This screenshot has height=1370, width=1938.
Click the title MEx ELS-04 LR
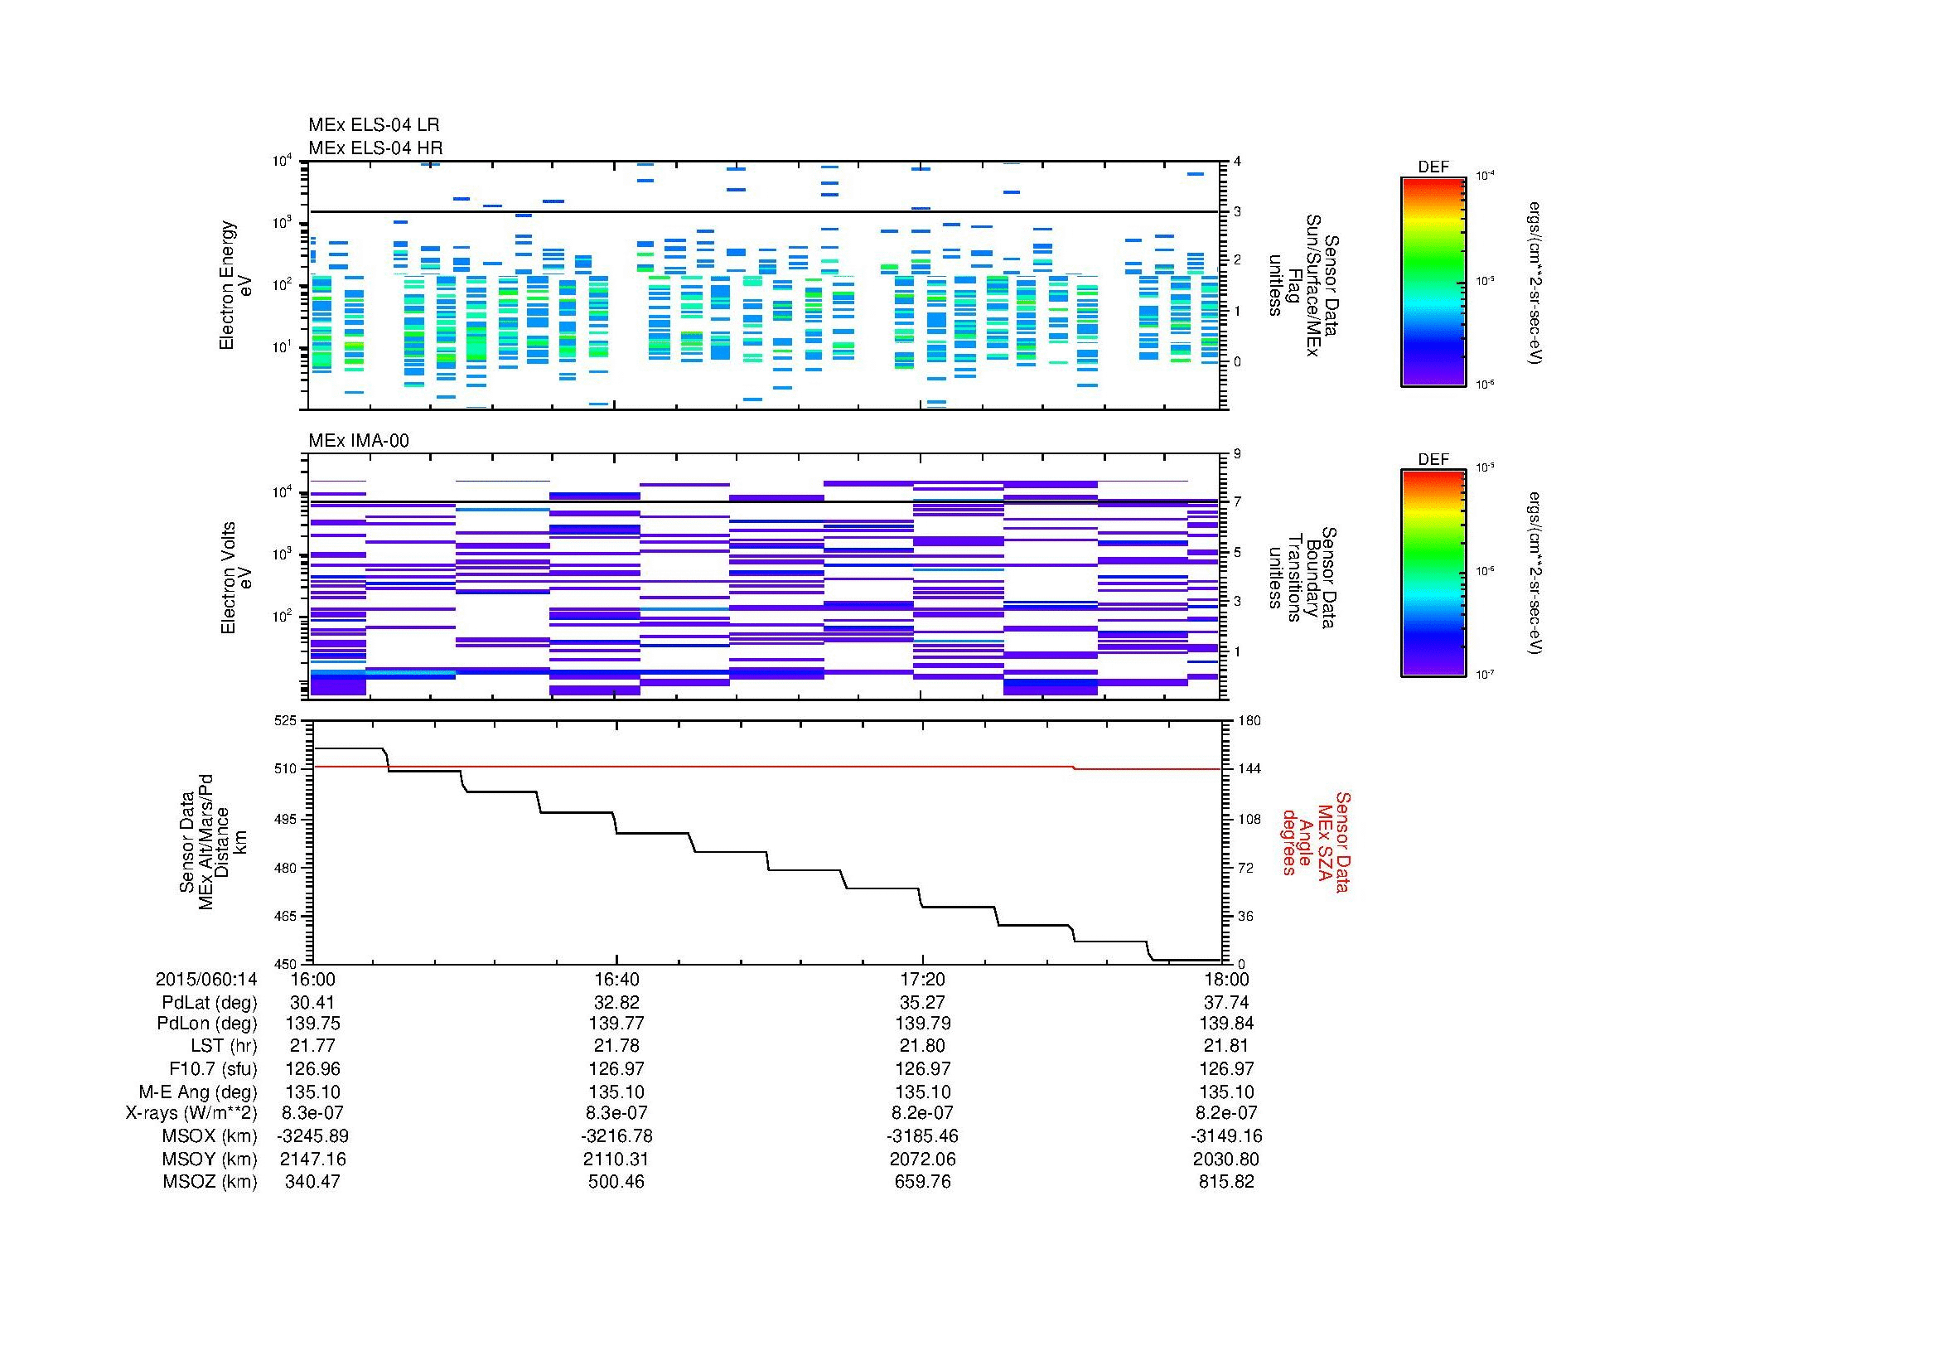tap(373, 125)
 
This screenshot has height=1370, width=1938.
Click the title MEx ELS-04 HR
tap(375, 148)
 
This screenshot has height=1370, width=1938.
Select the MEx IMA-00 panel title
tap(358, 441)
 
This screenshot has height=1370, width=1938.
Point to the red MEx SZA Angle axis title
tap(1316, 841)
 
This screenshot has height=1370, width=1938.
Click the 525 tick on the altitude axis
tap(285, 721)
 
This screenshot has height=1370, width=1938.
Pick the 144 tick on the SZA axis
tap(1249, 769)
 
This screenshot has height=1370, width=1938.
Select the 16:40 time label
tap(616, 979)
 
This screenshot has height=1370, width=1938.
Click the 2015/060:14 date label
tap(206, 979)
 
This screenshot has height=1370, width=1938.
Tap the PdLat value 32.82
tap(616, 1003)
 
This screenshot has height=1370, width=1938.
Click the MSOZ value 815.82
tap(1225, 1182)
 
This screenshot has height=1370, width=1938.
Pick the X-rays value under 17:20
tap(921, 1113)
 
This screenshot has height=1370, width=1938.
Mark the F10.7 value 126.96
tap(313, 1068)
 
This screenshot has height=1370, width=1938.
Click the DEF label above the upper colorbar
tap(1433, 167)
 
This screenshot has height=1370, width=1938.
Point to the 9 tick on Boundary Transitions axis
tap(1237, 454)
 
